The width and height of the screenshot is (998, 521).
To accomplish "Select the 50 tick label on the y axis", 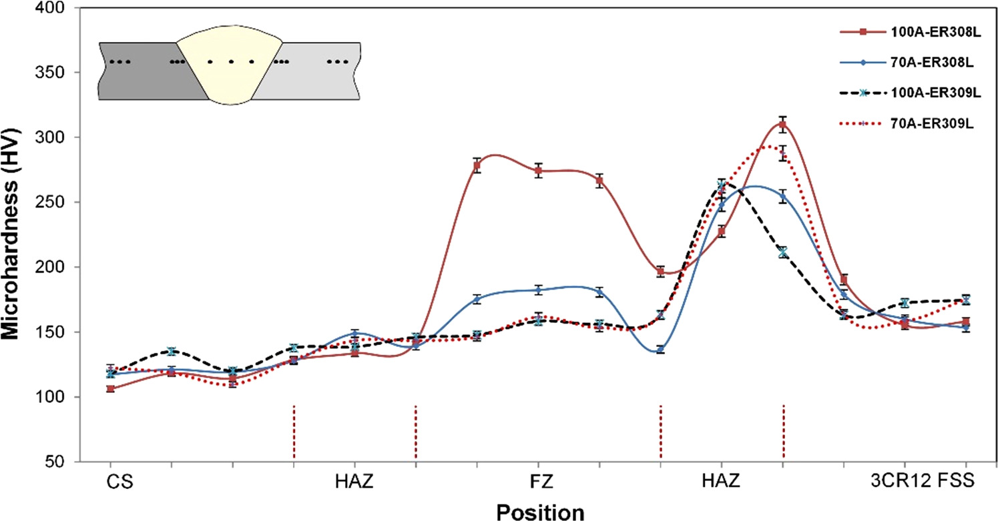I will (x=59, y=462).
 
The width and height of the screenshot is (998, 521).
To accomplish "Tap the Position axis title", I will (x=540, y=511).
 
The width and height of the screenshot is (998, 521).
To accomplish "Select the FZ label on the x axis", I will (x=539, y=481).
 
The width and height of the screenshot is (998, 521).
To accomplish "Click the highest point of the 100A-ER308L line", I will (x=783, y=124).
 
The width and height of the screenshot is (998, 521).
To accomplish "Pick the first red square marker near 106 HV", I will (x=110, y=388).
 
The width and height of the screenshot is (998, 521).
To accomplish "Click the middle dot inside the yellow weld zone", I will (x=231, y=62).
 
